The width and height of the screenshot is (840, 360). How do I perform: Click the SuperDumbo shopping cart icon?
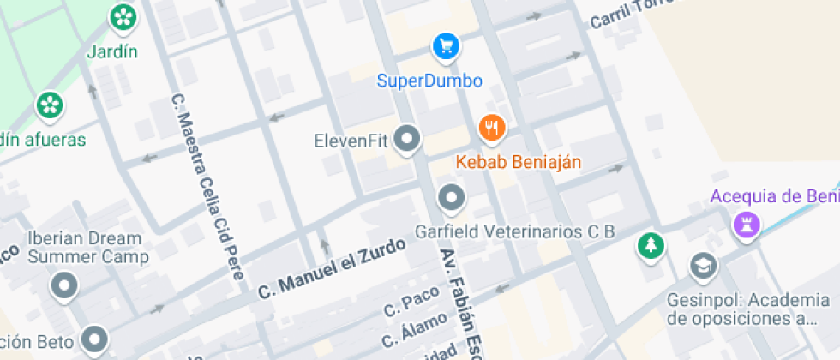coord(445,46)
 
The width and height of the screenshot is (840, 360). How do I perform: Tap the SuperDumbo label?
coord(430,81)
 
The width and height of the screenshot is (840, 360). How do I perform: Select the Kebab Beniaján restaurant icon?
coord(491,129)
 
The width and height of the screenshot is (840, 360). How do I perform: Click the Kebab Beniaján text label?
coord(519,162)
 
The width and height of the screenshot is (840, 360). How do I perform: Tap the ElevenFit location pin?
coord(410,139)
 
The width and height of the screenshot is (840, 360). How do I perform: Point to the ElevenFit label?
coord(353,141)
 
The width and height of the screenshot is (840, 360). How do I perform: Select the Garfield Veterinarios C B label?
coord(515,231)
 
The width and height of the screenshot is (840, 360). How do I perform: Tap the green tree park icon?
coord(651,246)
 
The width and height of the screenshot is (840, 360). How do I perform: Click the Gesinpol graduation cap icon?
coord(703,267)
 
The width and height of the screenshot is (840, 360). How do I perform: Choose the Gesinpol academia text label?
coord(748,309)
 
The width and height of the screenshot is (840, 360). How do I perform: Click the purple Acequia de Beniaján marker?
coord(746,225)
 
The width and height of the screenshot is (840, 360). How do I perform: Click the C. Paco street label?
coord(411,301)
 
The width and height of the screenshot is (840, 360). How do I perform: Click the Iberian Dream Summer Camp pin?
coord(64,286)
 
